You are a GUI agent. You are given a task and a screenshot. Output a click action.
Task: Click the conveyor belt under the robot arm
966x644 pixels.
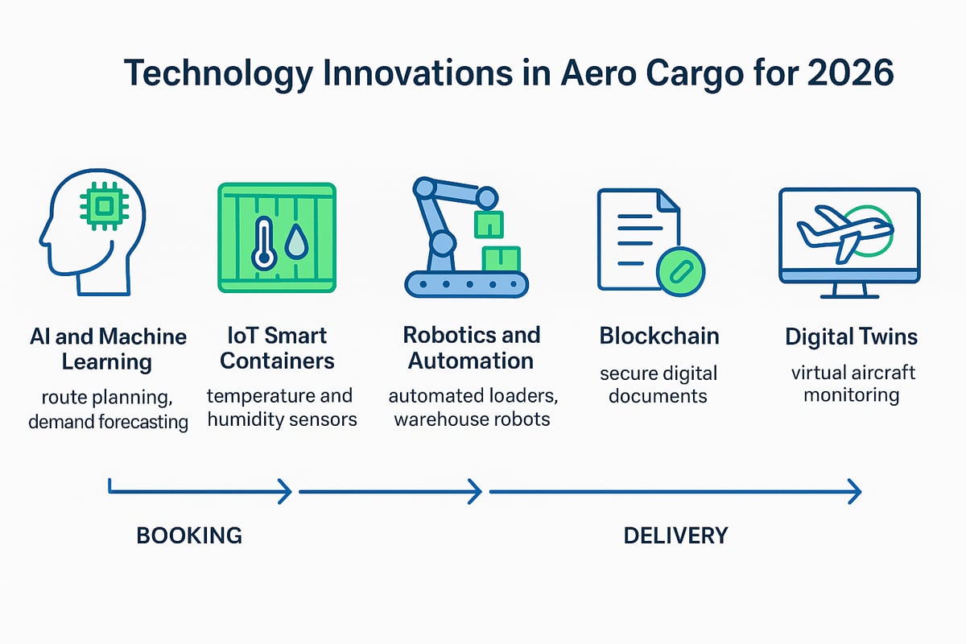(x=467, y=283)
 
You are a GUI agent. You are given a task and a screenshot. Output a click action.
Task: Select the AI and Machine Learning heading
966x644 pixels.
(x=107, y=349)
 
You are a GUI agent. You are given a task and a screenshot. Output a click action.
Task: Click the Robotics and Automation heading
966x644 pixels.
(x=471, y=348)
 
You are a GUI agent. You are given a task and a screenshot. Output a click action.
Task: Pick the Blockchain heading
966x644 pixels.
(x=658, y=336)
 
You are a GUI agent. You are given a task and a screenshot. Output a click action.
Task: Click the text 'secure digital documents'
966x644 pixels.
(x=658, y=385)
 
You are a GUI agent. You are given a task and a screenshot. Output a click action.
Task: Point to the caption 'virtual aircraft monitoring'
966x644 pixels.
(x=851, y=385)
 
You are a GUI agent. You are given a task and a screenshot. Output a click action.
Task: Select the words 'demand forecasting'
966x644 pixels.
(x=108, y=422)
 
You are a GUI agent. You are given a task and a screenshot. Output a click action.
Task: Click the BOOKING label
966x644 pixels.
(x=189, y=535)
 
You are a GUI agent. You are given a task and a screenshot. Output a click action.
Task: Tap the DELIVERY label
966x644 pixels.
(x=675, y=535)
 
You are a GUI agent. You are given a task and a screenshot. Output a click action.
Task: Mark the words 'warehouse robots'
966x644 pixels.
(x=472, y=419)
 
